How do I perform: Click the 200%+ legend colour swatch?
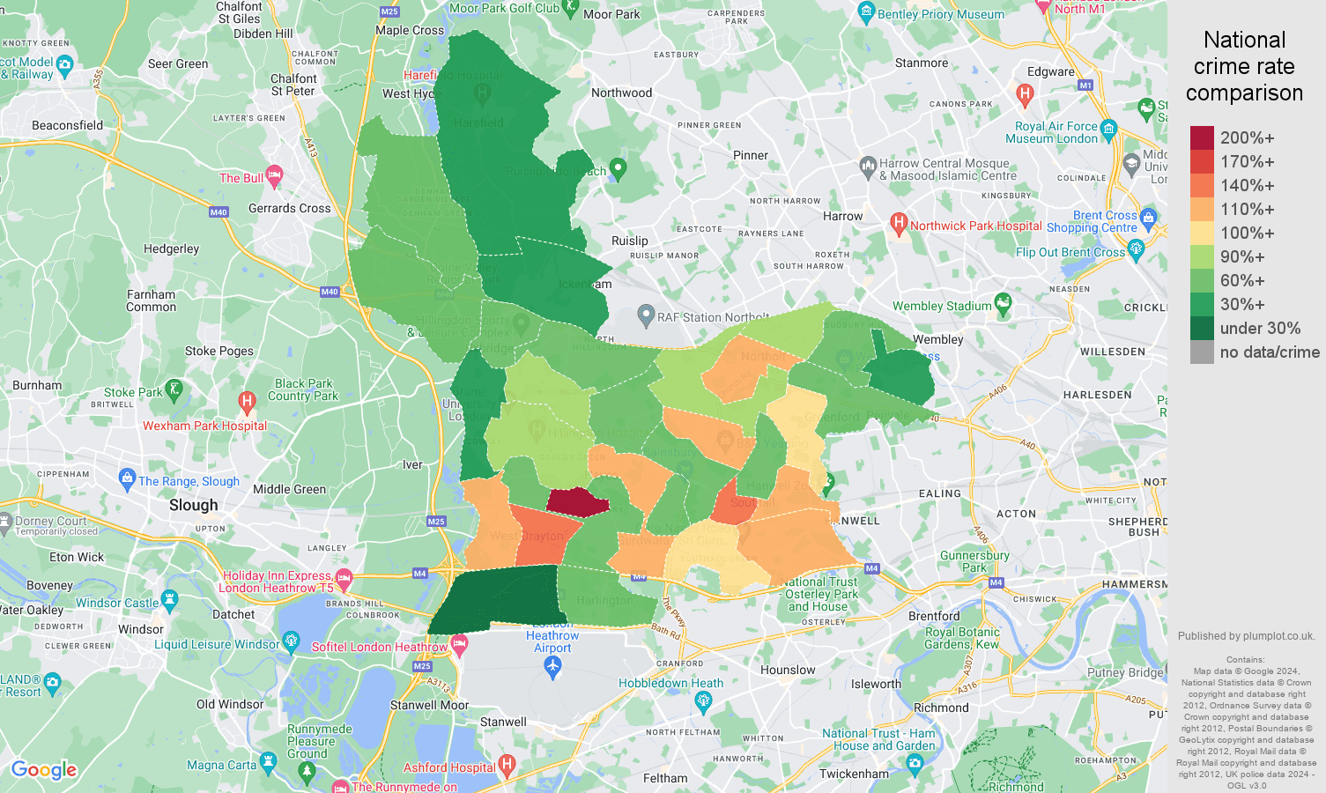[1202, 137]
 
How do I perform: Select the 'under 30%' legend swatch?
[1202, 328]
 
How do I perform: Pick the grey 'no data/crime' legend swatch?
[1202, 352]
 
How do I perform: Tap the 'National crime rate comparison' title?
[1244, 66]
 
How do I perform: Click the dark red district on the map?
[577, 502]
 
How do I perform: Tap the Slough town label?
[193, 505]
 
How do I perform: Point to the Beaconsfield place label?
[67, 125]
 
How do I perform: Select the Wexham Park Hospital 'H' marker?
[247, 403]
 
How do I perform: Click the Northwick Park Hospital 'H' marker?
[899, 223]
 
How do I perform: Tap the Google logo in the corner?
[44, 770]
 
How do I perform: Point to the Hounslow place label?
[788, 670]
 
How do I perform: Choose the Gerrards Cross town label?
[289, 208]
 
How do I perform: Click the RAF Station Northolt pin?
[646, 315]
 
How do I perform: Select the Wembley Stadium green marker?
[1003, 305]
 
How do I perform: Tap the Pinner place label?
[750, 155]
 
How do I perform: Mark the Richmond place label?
[941, 708]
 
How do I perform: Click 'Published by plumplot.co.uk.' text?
[1246, 635]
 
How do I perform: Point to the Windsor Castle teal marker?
[170, 601]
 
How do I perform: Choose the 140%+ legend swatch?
[1202, 185]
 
